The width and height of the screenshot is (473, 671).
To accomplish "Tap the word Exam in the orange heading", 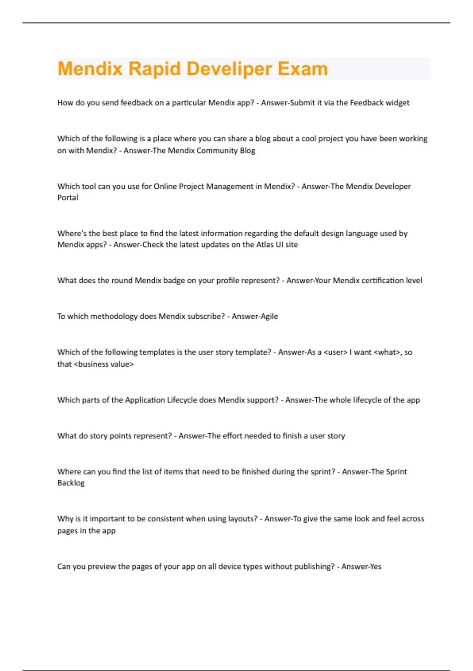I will pyautogui.click(x=303, y=69).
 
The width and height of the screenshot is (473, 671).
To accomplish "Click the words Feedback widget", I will pyautogui.click(x=380, y=103).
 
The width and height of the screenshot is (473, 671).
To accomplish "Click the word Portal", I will pyautogui.click(x=68, y=198).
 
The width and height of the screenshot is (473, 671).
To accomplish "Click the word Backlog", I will pyautogui.click(x=71, y=483).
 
